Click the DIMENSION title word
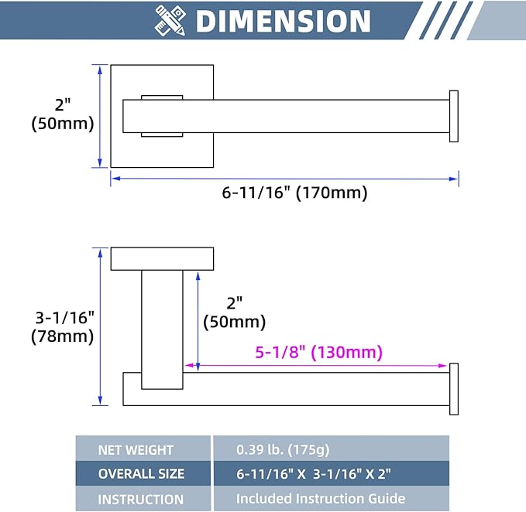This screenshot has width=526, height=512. [x=283, y=21]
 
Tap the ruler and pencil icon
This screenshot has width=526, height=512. [x=170, y=20]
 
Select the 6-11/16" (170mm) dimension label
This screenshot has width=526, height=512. [x=294, y=193]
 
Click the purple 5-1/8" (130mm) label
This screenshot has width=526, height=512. [x=318, y=352]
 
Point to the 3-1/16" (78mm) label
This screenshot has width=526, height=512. [x=63, y=327]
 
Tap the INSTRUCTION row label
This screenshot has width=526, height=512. [x=140, y=500]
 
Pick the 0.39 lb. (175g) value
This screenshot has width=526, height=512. [x=283, y=449]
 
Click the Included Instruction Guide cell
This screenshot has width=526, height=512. [x=321, y=499]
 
